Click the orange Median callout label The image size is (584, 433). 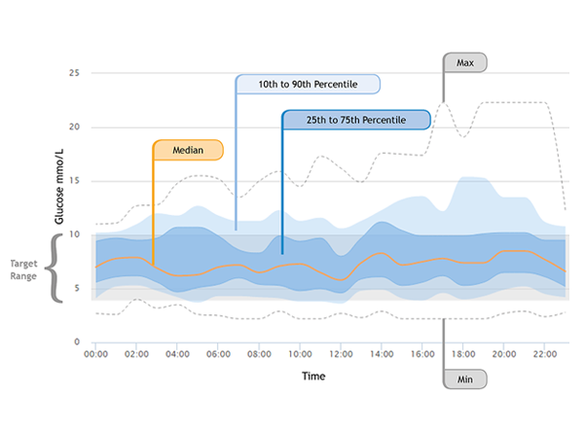188,150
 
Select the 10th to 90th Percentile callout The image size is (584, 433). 308,85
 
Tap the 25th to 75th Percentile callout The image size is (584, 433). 356,120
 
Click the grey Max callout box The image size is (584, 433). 464,62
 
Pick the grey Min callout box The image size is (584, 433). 464,379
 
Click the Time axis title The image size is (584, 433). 313,376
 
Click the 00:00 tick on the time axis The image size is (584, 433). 96,355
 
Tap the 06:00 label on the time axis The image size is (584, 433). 219,355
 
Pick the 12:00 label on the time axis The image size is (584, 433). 341,355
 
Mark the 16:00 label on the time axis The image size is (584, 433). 422,355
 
